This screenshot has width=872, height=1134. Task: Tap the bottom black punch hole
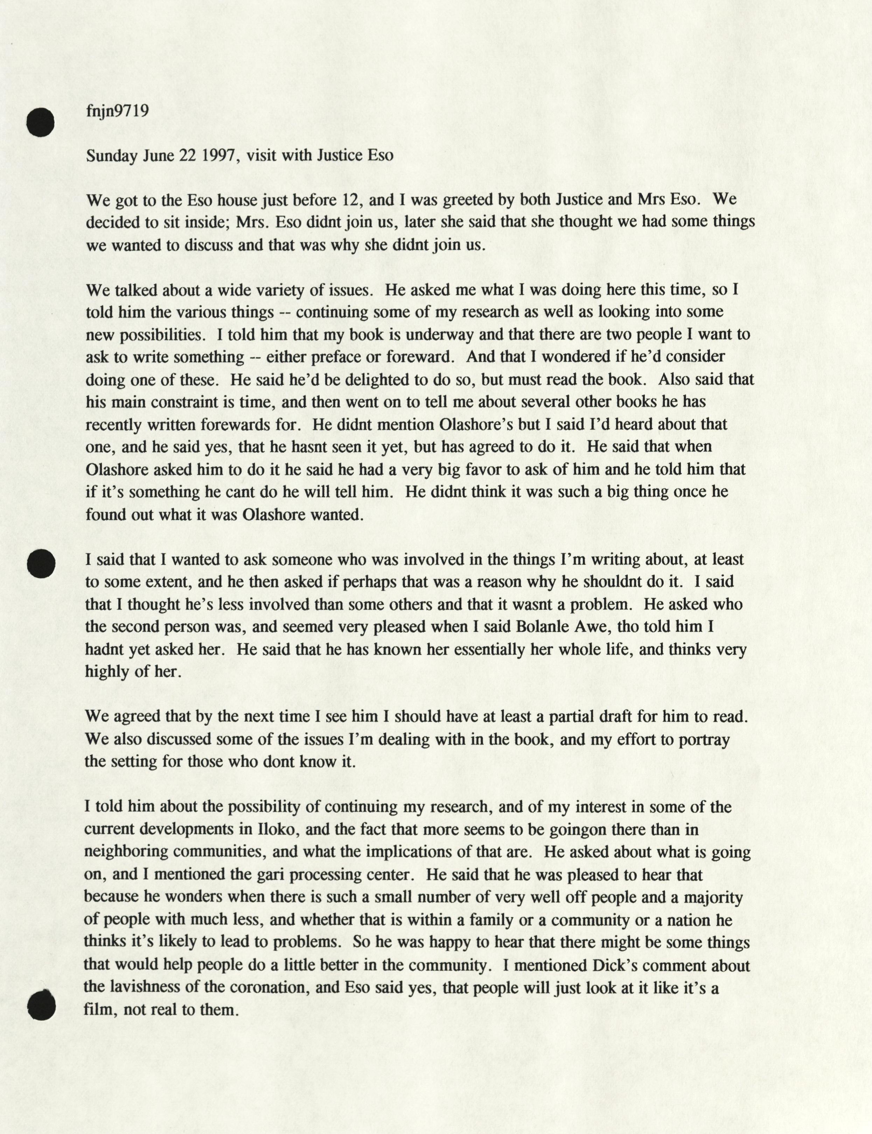(41, 1005)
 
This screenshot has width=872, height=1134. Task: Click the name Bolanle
(545, 627)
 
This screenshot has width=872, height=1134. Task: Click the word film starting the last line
(97, 1009)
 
